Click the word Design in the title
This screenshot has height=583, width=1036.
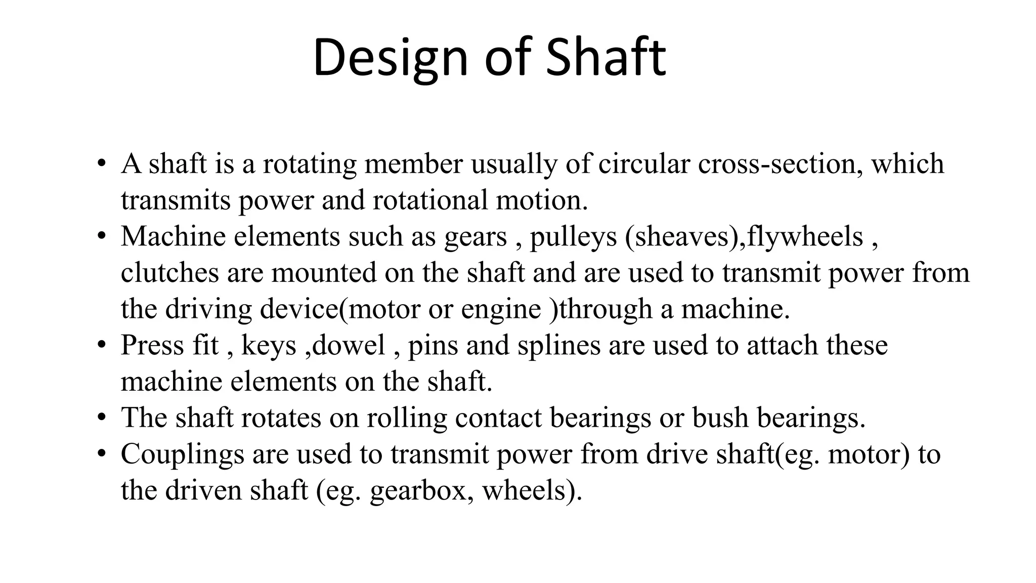click(390, 58)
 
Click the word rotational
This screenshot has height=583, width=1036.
click(429, 200)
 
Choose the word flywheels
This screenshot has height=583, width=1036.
click(805, 236)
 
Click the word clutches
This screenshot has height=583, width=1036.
click(169, 273)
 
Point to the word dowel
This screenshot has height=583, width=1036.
click(349, 346)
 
